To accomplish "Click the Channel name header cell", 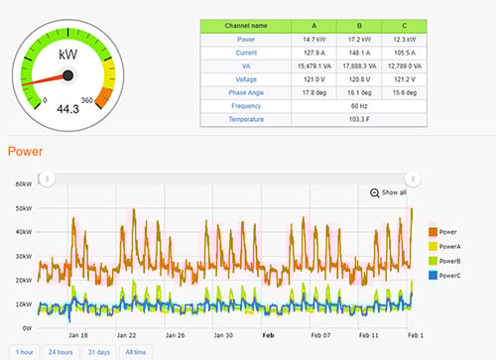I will tap(246, 23).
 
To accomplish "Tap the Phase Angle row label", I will tap(246, 92).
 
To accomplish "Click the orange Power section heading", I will tap(26, 152).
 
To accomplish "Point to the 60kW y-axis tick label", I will tap(22, 185).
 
